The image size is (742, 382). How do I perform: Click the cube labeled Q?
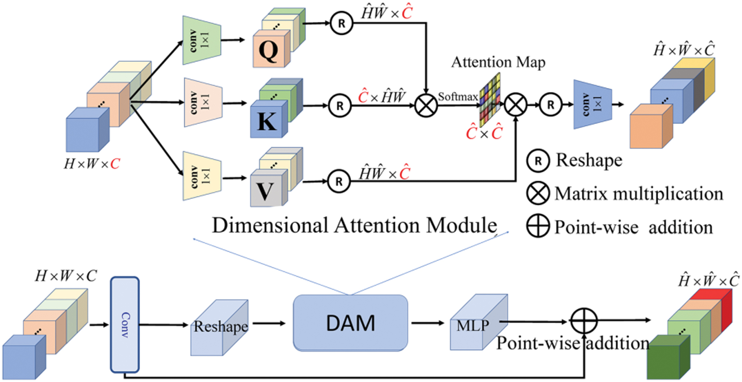[269, 50]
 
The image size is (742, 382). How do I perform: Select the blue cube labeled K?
[267, 120]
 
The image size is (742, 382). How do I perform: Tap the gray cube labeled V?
[266, 190]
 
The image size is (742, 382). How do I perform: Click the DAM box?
[350, 323]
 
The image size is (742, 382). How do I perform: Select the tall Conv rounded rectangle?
[125, 324]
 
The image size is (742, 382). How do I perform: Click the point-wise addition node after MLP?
[583, 321]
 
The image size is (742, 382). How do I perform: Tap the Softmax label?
[458, 97]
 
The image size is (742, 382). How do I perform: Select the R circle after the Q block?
[341, 23]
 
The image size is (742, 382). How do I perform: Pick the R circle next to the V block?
[339, 182]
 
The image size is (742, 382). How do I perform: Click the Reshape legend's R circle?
[538, 161]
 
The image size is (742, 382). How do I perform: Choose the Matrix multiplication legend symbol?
[538, 193]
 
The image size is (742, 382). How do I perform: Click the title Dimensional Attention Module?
[354, 225]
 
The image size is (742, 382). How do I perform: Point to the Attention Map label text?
[498, 62]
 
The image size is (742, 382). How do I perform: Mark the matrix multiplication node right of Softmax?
[516, 105]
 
